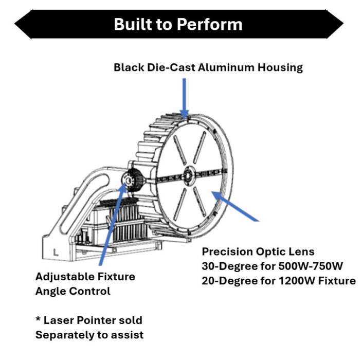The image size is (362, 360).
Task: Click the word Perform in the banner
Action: coord(210,25)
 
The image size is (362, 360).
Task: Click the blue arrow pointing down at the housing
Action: coord(184,99)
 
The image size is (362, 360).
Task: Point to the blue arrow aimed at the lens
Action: coord(236,206)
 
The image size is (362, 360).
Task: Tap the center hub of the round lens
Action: coord(188,176)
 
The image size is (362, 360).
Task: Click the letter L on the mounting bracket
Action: coord(56,253)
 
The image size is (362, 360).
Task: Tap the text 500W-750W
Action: coord(311,266)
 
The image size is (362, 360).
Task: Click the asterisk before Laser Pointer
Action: coord(38,319)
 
